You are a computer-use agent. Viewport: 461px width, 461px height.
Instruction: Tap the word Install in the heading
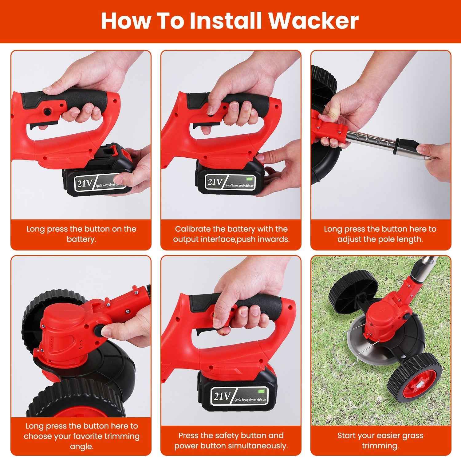[x=226, y=21]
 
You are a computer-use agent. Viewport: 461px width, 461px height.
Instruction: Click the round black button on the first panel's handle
[x=47, y=111]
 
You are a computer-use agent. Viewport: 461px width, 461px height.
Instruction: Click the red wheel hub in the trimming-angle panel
[x=74, y=410]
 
